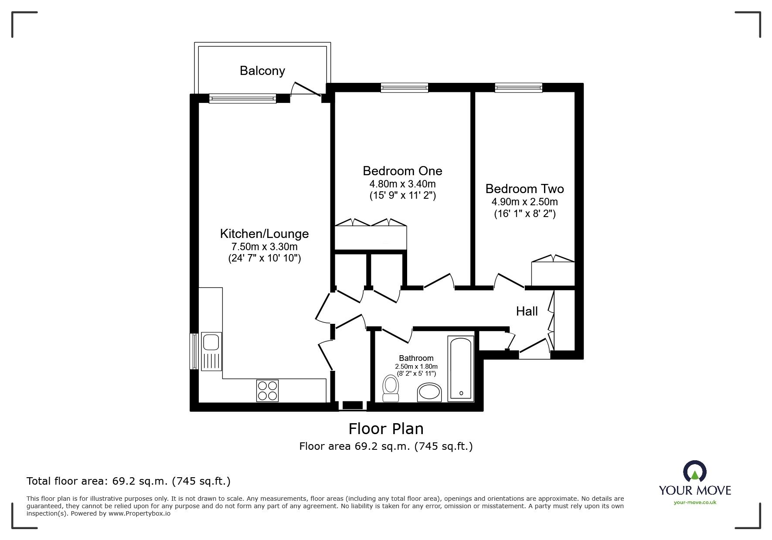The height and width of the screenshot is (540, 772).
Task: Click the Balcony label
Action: click(262, 71)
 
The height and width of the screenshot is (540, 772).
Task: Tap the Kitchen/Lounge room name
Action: click(265, 234)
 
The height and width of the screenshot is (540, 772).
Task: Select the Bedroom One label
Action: click(402, 170)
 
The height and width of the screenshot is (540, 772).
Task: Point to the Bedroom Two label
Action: click(525, 189)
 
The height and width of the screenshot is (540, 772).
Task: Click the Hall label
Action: click(527, 311)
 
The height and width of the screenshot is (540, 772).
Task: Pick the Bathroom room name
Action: click(416, 358)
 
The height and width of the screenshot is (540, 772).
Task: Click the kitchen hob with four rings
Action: click(267, 391)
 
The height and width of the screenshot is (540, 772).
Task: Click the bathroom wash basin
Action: click(430, 392)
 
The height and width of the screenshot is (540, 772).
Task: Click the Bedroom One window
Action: click(405, 88)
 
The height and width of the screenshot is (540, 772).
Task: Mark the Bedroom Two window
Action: click(519, 88)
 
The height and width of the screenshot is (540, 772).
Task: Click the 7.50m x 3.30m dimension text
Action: click(265, 247)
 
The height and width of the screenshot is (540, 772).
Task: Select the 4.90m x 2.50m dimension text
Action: click(525, 202)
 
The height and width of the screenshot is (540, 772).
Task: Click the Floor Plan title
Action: click(386, 429)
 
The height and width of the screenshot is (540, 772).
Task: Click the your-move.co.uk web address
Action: click(695, 503)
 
